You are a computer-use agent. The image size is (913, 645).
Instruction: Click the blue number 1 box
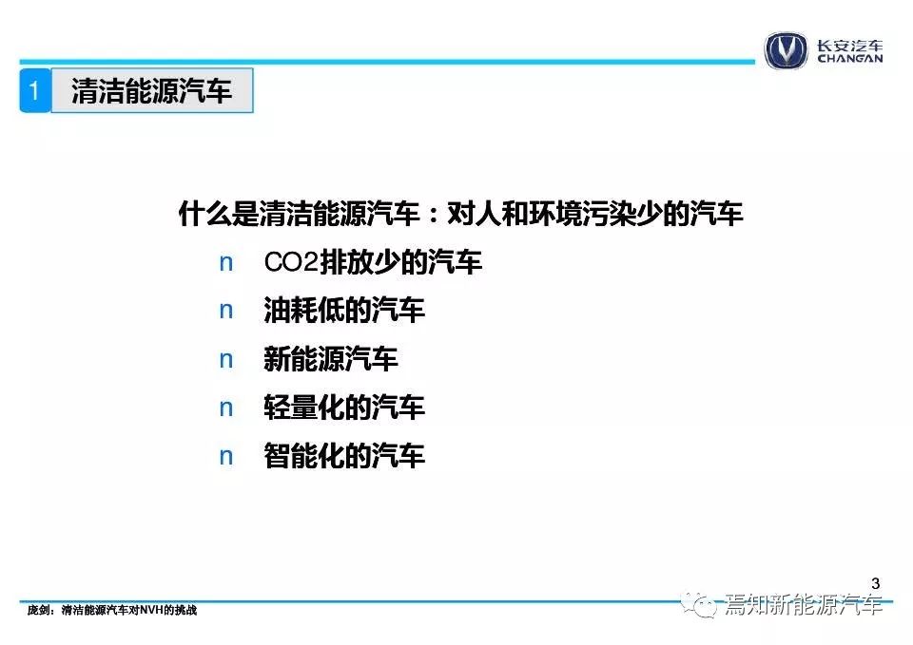click(x=35, y=90)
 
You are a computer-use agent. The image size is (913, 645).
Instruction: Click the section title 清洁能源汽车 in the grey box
click(x=152, y=91)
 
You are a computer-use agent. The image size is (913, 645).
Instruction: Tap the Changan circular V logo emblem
click(x=786, y=50)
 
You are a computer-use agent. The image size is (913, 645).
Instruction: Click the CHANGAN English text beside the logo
click(x=849, y=59)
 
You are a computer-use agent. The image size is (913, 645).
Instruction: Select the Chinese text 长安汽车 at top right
click(x=849, y=46)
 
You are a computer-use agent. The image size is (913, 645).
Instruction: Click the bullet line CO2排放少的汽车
click(x=373, y=262)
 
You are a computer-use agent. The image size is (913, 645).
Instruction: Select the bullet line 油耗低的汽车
click(x=344, y=310)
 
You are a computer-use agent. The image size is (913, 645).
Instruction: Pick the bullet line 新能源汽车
click(x=331, y=359)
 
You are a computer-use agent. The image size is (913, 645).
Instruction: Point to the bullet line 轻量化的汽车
click(x=344, y=408)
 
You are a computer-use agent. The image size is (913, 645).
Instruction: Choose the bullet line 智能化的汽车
click(x=344, y=455)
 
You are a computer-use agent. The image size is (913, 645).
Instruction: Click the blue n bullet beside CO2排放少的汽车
click(x=226, y=263)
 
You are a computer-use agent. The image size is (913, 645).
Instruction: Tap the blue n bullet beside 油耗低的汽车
click(x=226, y=312)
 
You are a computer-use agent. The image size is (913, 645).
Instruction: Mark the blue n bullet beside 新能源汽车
click(x=226, y=360)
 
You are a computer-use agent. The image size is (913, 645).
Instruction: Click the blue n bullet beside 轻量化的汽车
click(x=226, y=408)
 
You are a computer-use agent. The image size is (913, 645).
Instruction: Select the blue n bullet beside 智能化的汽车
click(x=226, y=457)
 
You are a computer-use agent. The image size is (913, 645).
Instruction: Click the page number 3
click(x=875, y=583)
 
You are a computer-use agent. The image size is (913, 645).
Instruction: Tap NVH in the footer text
click(x=152, y=610)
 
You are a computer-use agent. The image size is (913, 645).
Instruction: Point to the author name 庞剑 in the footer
click(x=38, y=610)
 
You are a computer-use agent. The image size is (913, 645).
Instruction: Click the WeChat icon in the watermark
click(x=700, y=605)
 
